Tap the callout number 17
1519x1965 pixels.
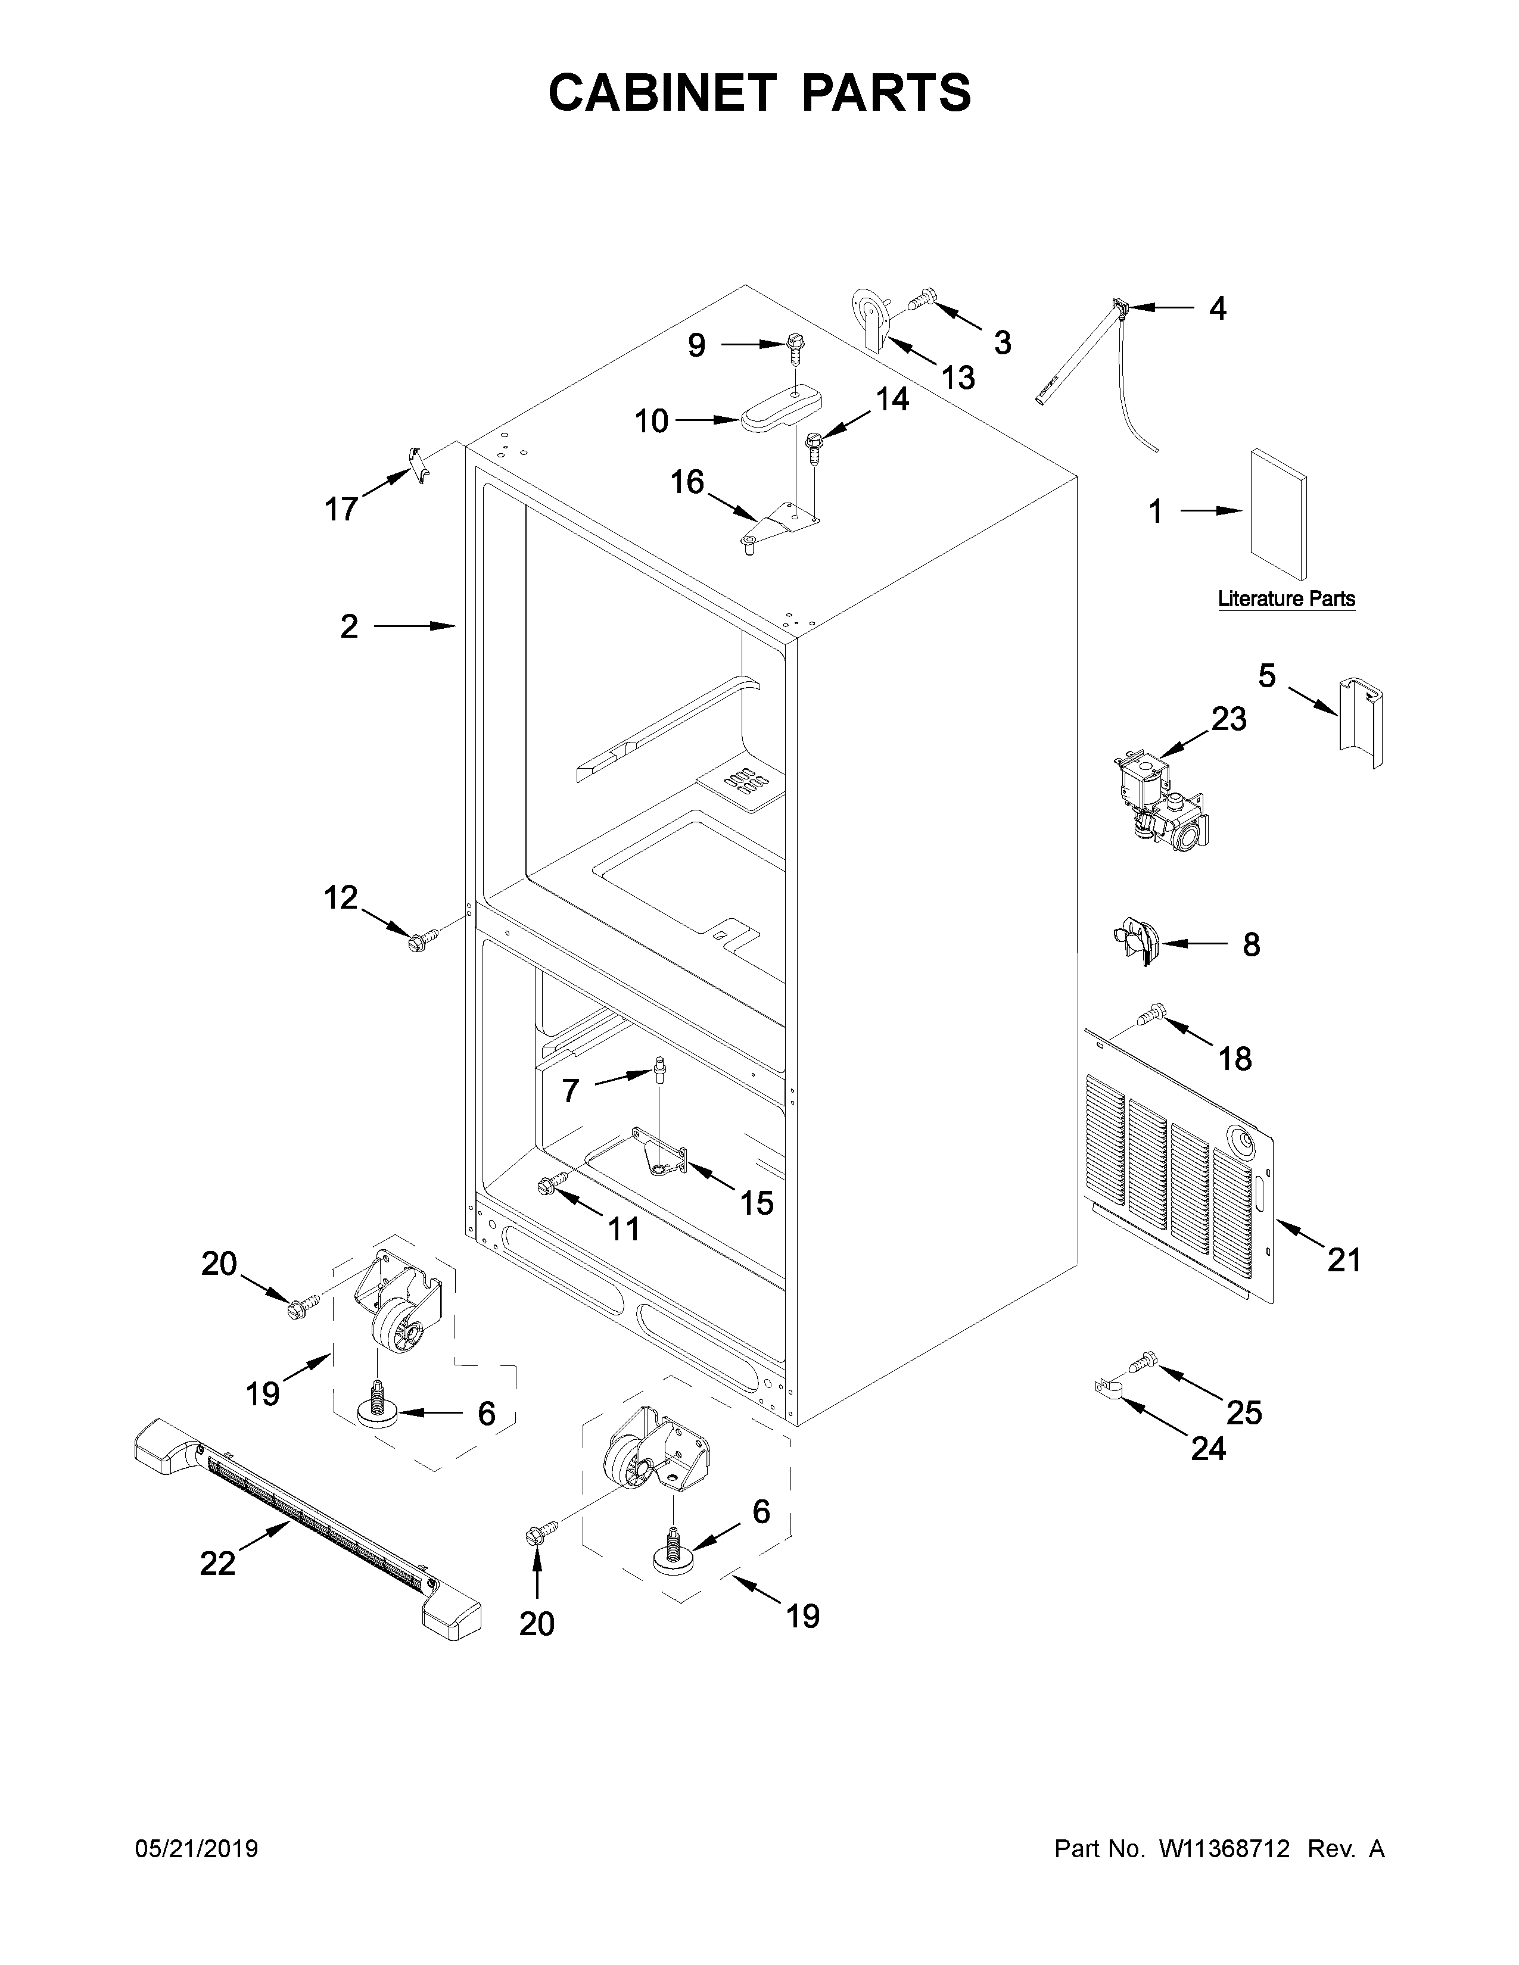[341, 509]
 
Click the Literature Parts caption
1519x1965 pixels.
[1286, 598]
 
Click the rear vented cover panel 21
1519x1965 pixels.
[1179, 1169]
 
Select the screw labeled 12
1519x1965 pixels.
[420, 941]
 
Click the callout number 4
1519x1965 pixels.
[1216, 308]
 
